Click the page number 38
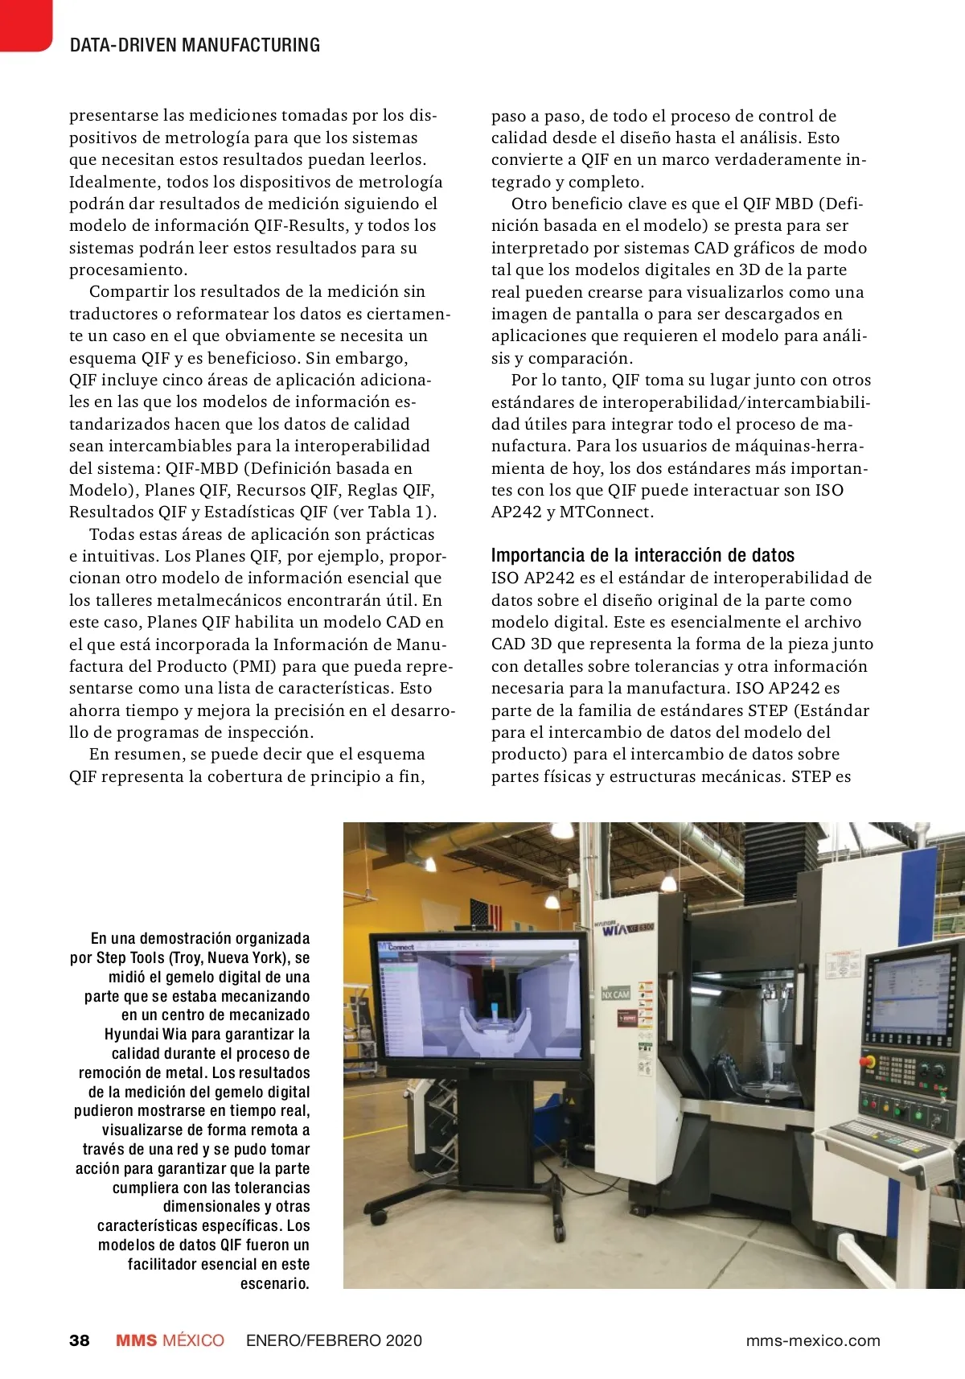point(80,1340)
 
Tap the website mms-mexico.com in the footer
point(812,1340)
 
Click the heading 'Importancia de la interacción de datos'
point(643,555)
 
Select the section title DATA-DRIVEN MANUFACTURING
point(195,45)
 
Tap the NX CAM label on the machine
point(615,994)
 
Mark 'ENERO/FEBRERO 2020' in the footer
point(334,1340)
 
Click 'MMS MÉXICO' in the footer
point(170,1340)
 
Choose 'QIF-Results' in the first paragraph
point(299,225)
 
